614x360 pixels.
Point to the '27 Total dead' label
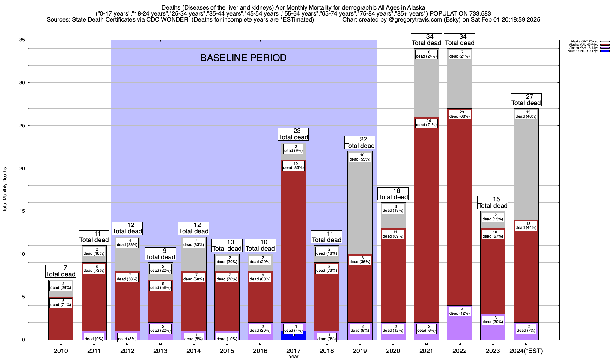click(526, 100)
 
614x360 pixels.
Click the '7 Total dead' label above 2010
click(61, 271)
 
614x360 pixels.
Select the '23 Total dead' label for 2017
click(294, 134)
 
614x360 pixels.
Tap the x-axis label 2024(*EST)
click(526, 351)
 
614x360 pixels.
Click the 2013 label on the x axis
click(160, 351)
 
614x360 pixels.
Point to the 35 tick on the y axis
click(22, 40)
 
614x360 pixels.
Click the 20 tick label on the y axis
click(22, 168)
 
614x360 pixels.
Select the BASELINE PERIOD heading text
click(243, 58)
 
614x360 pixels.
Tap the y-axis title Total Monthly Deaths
click(5, 190)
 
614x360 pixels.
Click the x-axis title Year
click(294, 357)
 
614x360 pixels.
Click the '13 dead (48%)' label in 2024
click(526, 114)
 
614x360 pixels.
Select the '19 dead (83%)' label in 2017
click(294, 166)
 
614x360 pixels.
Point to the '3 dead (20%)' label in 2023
click(493, 320)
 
